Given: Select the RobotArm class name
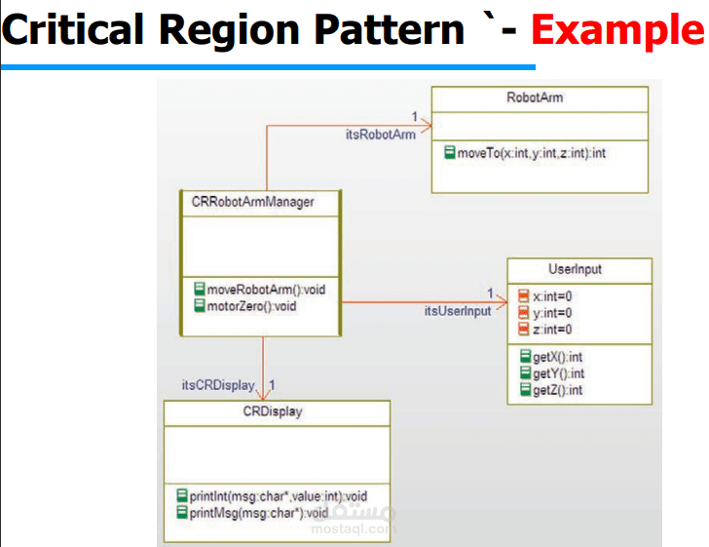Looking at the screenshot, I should (x=535, y=98).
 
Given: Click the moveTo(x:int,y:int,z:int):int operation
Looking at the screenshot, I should (x=531, y=153).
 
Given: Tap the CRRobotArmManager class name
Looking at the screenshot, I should (x=253, y=202).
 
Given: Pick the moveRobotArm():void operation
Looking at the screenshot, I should (x=265, y=290).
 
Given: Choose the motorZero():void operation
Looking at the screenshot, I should (x=251, y=306).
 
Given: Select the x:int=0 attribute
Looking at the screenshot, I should (x=552, y=296).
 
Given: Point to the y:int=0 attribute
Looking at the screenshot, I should (x=552, y=312).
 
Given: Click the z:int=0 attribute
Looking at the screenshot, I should (x=552, y=329).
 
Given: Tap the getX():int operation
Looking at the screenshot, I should (x=558, y=357).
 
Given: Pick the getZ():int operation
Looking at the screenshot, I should (x=558, y=390).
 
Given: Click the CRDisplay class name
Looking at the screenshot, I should (x=273, y=410).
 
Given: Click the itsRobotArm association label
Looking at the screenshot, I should (x=380, y=134).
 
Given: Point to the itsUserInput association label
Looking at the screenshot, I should (x=457, y=311).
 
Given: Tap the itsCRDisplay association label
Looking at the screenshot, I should (x=218, y=384).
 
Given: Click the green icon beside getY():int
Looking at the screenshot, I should (x=526, y=373).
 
